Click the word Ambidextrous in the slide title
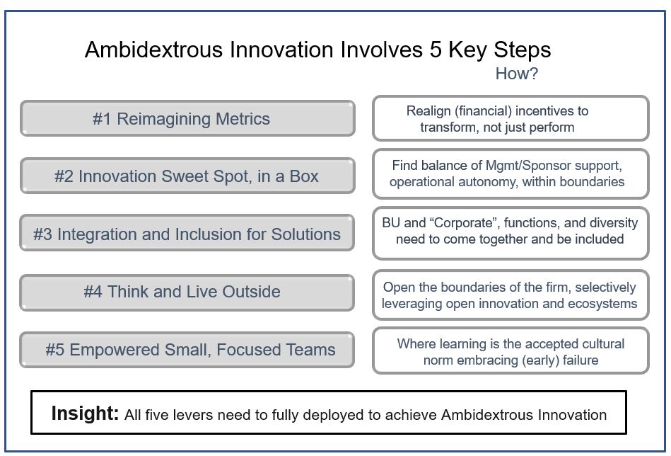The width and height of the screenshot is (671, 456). coord(154,50)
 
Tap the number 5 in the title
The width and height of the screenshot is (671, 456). coord(436,50)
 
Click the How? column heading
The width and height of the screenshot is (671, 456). coord(517,74)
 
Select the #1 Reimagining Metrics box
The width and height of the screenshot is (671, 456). coord(187,119)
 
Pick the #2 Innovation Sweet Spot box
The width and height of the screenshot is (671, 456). coord(187,176)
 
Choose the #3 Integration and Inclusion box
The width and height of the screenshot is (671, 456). coord(187,233)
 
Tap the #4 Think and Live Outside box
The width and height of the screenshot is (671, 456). coord(187,292)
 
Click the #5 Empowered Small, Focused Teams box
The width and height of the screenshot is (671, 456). coord(187,350)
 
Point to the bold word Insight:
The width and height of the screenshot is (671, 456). coord(85,414)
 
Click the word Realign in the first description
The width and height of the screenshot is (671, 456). coord(428,111)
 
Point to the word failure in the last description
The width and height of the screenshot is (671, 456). coord(580,360)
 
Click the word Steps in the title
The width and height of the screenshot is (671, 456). coord(522,50)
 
